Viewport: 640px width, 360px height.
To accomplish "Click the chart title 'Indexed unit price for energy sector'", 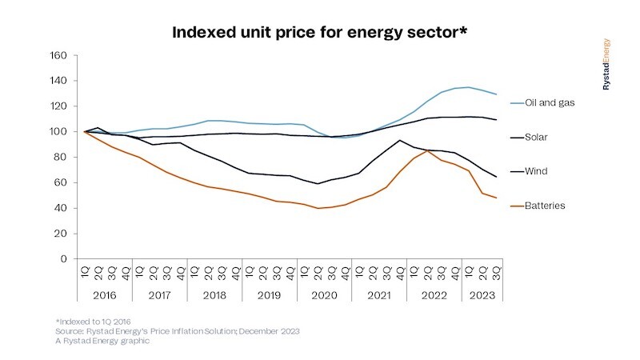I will pyautogui.click(x=320, y=34).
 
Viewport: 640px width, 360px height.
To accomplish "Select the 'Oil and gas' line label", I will pyautogui.click(x=550, y=102).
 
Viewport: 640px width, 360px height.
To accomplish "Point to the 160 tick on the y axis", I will pyautogui.click(x=58, y=55).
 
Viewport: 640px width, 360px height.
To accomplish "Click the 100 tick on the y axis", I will pyautogui.click(x=58, y=132).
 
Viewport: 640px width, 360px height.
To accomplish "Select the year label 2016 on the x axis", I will pyautogui.click(x=104, y=294).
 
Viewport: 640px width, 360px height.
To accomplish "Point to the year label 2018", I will pyautogui.click(x=216, y=294).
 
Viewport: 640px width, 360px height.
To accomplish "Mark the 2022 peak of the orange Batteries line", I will pyautogui.click(x=428, y=150).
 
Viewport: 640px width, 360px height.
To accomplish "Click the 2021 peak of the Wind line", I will pyautogui.click(x=399, y=141).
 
